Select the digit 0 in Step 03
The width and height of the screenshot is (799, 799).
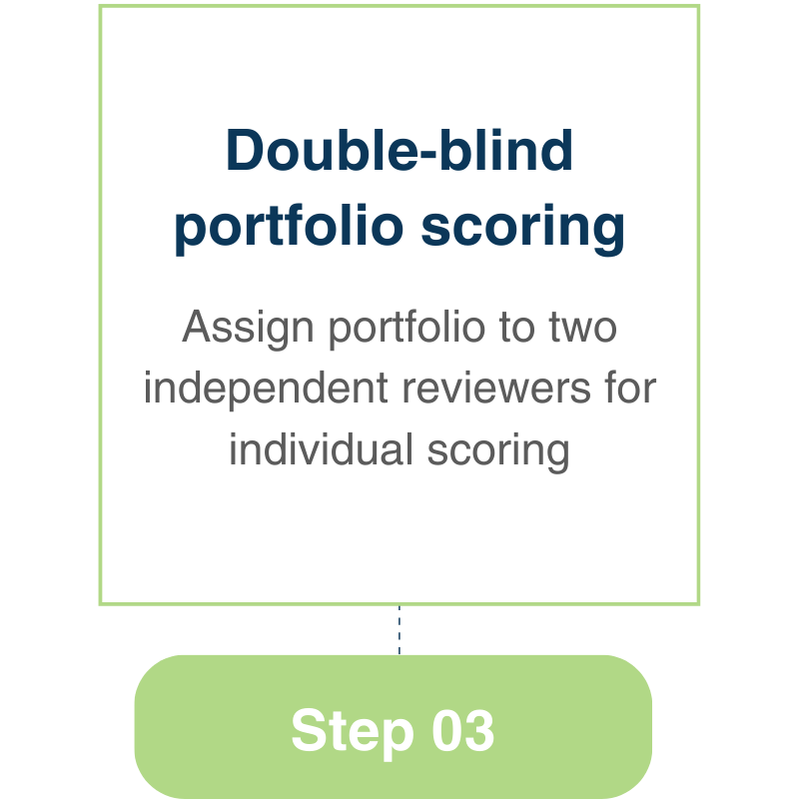448,731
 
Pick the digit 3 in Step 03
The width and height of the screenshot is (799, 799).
479,731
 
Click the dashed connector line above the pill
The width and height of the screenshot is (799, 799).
399,629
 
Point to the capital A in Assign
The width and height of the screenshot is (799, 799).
197,329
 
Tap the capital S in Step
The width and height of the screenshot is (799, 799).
306,731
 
